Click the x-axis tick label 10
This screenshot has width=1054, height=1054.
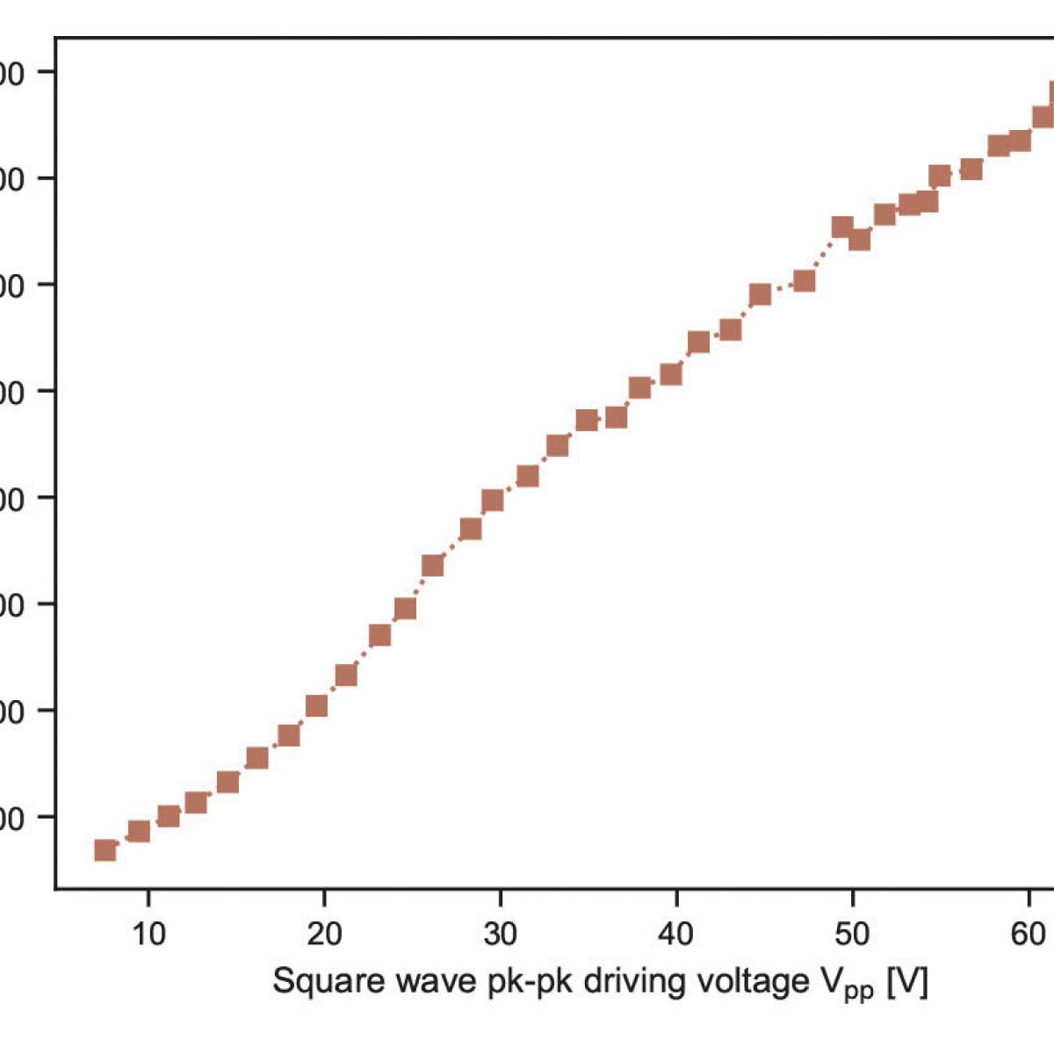pos(148,934)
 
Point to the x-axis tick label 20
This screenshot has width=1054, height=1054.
pos(324,934)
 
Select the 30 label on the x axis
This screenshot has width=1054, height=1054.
pos(500,934)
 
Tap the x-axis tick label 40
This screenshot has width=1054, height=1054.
pos(676,934)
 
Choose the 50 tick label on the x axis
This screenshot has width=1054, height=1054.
pos(852,934)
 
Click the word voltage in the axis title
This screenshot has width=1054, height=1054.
pos(751,981)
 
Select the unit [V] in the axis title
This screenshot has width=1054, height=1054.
pos(907,981)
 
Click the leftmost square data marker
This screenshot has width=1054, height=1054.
pos(105,849)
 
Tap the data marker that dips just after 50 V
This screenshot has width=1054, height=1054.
pos(859,239)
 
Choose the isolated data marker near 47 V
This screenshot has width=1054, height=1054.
pos(804,281)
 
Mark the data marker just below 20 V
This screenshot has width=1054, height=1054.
pos(316,706)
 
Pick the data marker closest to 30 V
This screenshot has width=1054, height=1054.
pos(493,501)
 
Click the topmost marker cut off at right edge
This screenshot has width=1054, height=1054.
pos(1049,94)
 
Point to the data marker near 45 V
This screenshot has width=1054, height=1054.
pos(760,294)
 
